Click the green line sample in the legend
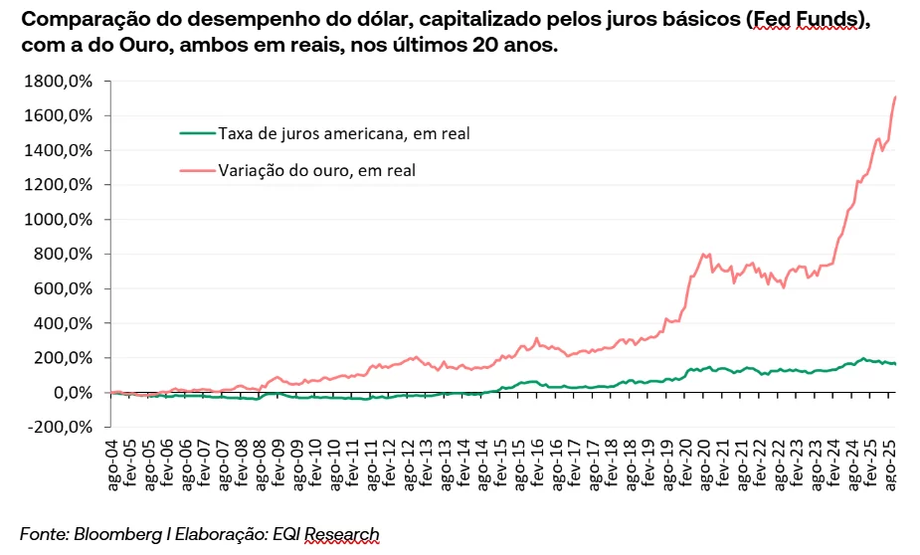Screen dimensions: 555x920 pyautogui.click(x=197, y=132)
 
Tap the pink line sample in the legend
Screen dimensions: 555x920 pyautogui.click(x=197, y=170)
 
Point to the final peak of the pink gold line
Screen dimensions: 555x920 pyautogui.click(x=896, y=96)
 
